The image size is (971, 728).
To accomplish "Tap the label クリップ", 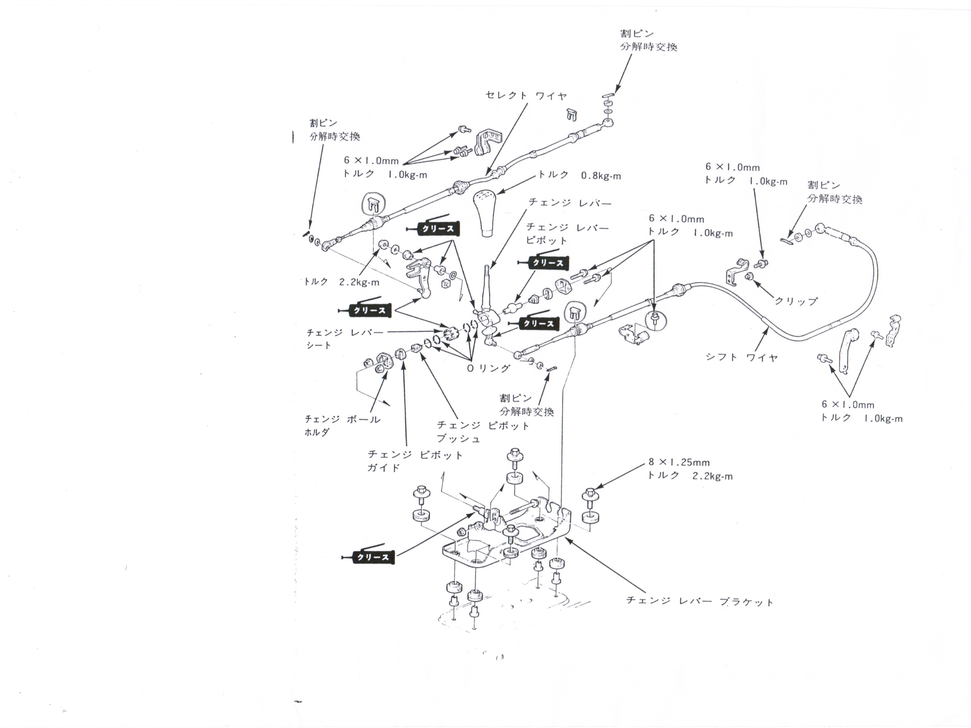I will (x=795, y=301).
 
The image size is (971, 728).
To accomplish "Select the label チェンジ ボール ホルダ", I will (x=342, y=426).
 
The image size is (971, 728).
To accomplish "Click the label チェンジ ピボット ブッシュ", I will (x=483, y=432).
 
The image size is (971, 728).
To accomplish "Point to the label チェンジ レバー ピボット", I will (x=567, y=234).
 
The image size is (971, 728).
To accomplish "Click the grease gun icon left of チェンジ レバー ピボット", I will (x=544, y=262).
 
